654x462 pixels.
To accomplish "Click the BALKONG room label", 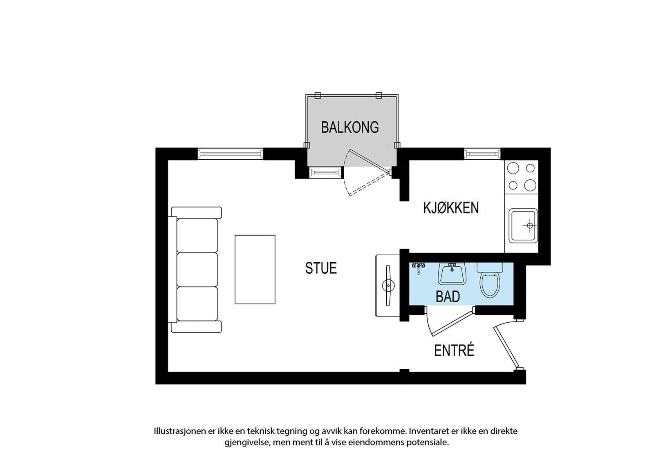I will (x=350, y=127).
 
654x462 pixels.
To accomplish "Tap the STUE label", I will (x=321, y=268).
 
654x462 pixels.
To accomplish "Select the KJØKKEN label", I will (x=450, y=208).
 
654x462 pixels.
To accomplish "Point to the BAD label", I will (x=448, y=297).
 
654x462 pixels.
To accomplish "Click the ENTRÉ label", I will (x=454, y=350).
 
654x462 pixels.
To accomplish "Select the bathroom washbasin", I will (x=452, y=274).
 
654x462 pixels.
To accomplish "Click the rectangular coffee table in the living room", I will (x=255, y=269).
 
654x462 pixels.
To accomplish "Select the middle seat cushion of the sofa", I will (x=197, y=269).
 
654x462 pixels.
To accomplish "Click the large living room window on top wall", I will (x=230, y=154).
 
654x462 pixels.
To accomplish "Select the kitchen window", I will (x=482, y=154).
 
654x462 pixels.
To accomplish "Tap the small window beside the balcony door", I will (x=325, y=173).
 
